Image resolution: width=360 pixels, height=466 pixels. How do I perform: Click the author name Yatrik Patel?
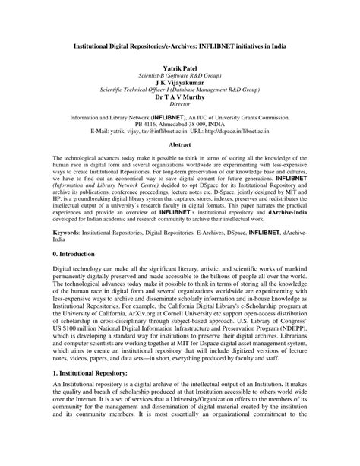tap(179, 68)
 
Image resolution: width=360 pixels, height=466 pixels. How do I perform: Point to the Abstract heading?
tap(179, 144)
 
